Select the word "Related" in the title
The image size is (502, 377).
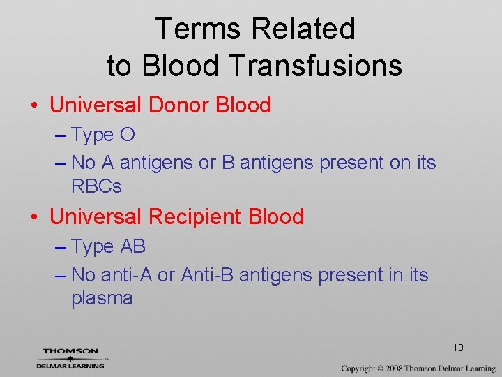click(x=303, y=29)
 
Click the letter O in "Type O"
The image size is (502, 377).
click(x=128, y=135)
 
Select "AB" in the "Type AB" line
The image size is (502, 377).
click(x=133, y=246)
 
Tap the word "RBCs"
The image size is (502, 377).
click(x=96, y=186)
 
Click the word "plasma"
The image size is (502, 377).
click(x=102, y=298)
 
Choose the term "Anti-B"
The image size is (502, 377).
click(x=207, y=275)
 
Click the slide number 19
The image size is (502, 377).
click(x=458, y=348)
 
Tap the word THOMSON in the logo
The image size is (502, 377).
click(x=70, y=351)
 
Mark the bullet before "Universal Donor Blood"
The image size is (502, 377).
click(x=34, y=106)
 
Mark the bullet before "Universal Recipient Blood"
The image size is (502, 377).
click(x=34, y=217)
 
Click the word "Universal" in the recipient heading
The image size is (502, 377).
click(x=96, y=216)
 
